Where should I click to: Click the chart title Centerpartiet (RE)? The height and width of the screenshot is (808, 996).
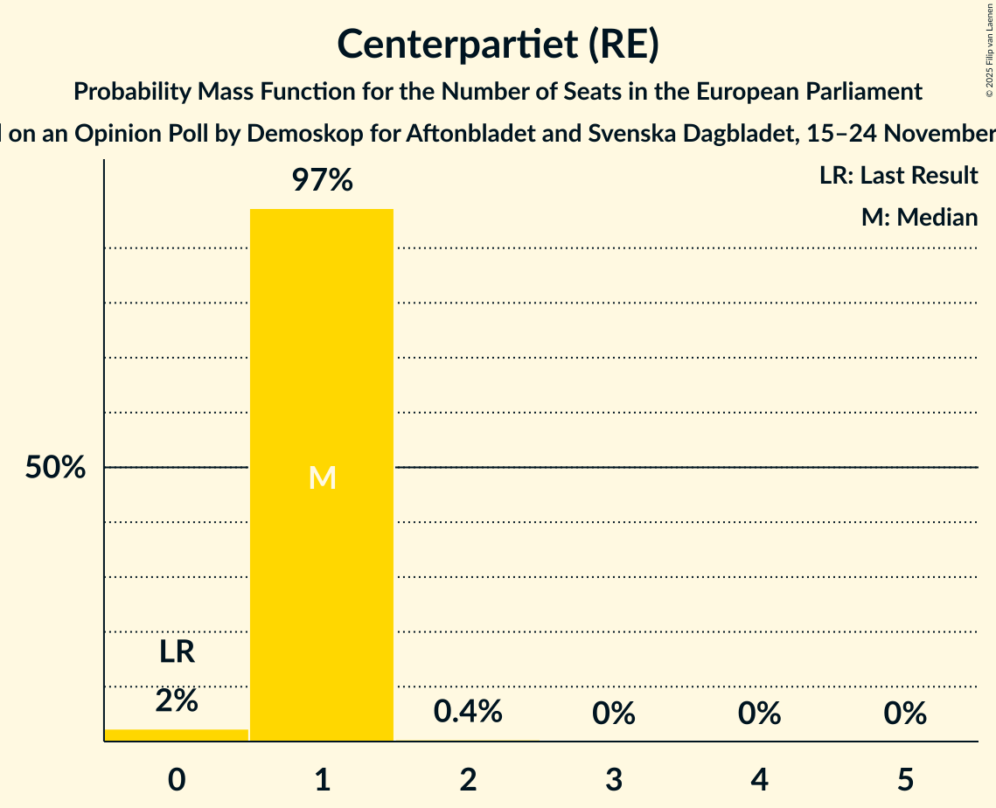[x=498, y=45]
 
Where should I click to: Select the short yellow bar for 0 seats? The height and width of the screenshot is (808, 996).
[x=176, y=735]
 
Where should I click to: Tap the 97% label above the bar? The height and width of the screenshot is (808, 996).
[x=322, y=181]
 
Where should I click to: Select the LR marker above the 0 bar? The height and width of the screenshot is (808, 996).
[x=176, y=652]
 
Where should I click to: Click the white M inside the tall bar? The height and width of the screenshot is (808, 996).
[x=322, y=477]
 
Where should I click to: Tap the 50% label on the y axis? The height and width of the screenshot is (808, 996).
[x=55, y=468]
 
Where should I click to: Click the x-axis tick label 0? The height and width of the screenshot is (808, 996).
[x=176, y=779]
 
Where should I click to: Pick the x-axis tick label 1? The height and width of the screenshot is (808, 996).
[x=322, y=779]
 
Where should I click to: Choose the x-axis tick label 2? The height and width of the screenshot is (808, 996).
[x=468, y=779]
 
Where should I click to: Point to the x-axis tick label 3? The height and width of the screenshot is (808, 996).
[x=613, y=779]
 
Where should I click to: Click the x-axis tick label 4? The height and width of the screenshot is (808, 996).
[x=759, y=779]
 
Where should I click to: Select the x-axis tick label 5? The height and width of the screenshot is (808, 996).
[x=905, y=779]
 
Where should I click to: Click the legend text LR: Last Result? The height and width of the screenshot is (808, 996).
[x=898, y=176]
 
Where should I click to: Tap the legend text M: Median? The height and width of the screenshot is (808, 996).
[x=919, y=217]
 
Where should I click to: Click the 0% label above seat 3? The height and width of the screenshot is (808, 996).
[x=613, y=714]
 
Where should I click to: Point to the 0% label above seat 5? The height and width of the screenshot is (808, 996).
[x=905, y=714]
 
